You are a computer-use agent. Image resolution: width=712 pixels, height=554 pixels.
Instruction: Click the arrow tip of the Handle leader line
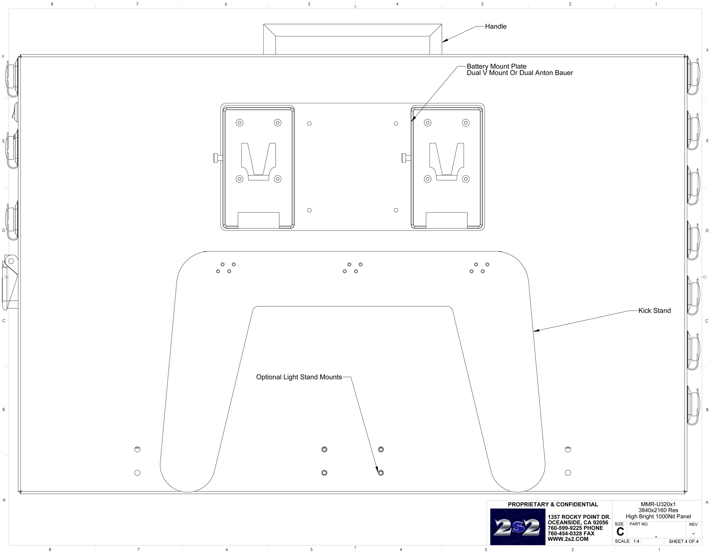(x=442, y=42)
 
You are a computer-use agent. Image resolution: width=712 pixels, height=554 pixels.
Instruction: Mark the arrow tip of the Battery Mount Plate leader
(x=411, y=121)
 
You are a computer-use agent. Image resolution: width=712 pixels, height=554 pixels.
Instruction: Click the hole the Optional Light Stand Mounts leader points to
(x=381, y=473)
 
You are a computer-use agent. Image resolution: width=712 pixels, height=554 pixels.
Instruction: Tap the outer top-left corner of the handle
(x=263, y=24)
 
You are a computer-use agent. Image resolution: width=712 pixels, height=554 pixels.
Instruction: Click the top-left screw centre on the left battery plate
(x=240, y=123)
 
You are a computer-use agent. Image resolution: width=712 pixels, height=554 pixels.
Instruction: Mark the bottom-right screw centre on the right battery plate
(x=466, y=179)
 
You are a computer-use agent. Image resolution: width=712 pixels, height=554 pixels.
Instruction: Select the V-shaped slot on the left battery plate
(x=259, y=161)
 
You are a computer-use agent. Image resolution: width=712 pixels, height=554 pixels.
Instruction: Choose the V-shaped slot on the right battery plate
(x=447, y=161)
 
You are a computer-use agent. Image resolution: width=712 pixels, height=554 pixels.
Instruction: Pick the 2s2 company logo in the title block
(x=517, y=527)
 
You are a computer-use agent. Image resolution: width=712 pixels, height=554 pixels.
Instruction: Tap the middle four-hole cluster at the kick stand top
(x=353, y=268)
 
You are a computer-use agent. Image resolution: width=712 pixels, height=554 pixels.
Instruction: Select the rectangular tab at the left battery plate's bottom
(x=259, y=220)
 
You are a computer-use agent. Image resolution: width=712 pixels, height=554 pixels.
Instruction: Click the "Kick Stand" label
(x=655, y=311)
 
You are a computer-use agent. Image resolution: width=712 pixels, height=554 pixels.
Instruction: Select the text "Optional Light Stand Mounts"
(x=299, y=377)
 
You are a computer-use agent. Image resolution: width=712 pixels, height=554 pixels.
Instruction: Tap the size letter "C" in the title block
(x=620, y=532)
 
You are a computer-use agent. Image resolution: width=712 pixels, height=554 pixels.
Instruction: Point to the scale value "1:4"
(x=636, y=541)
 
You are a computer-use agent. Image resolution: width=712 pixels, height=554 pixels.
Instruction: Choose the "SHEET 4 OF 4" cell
(x=684, y=541)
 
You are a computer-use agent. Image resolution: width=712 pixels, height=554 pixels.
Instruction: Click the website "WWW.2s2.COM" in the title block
(x=568, y=539)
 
